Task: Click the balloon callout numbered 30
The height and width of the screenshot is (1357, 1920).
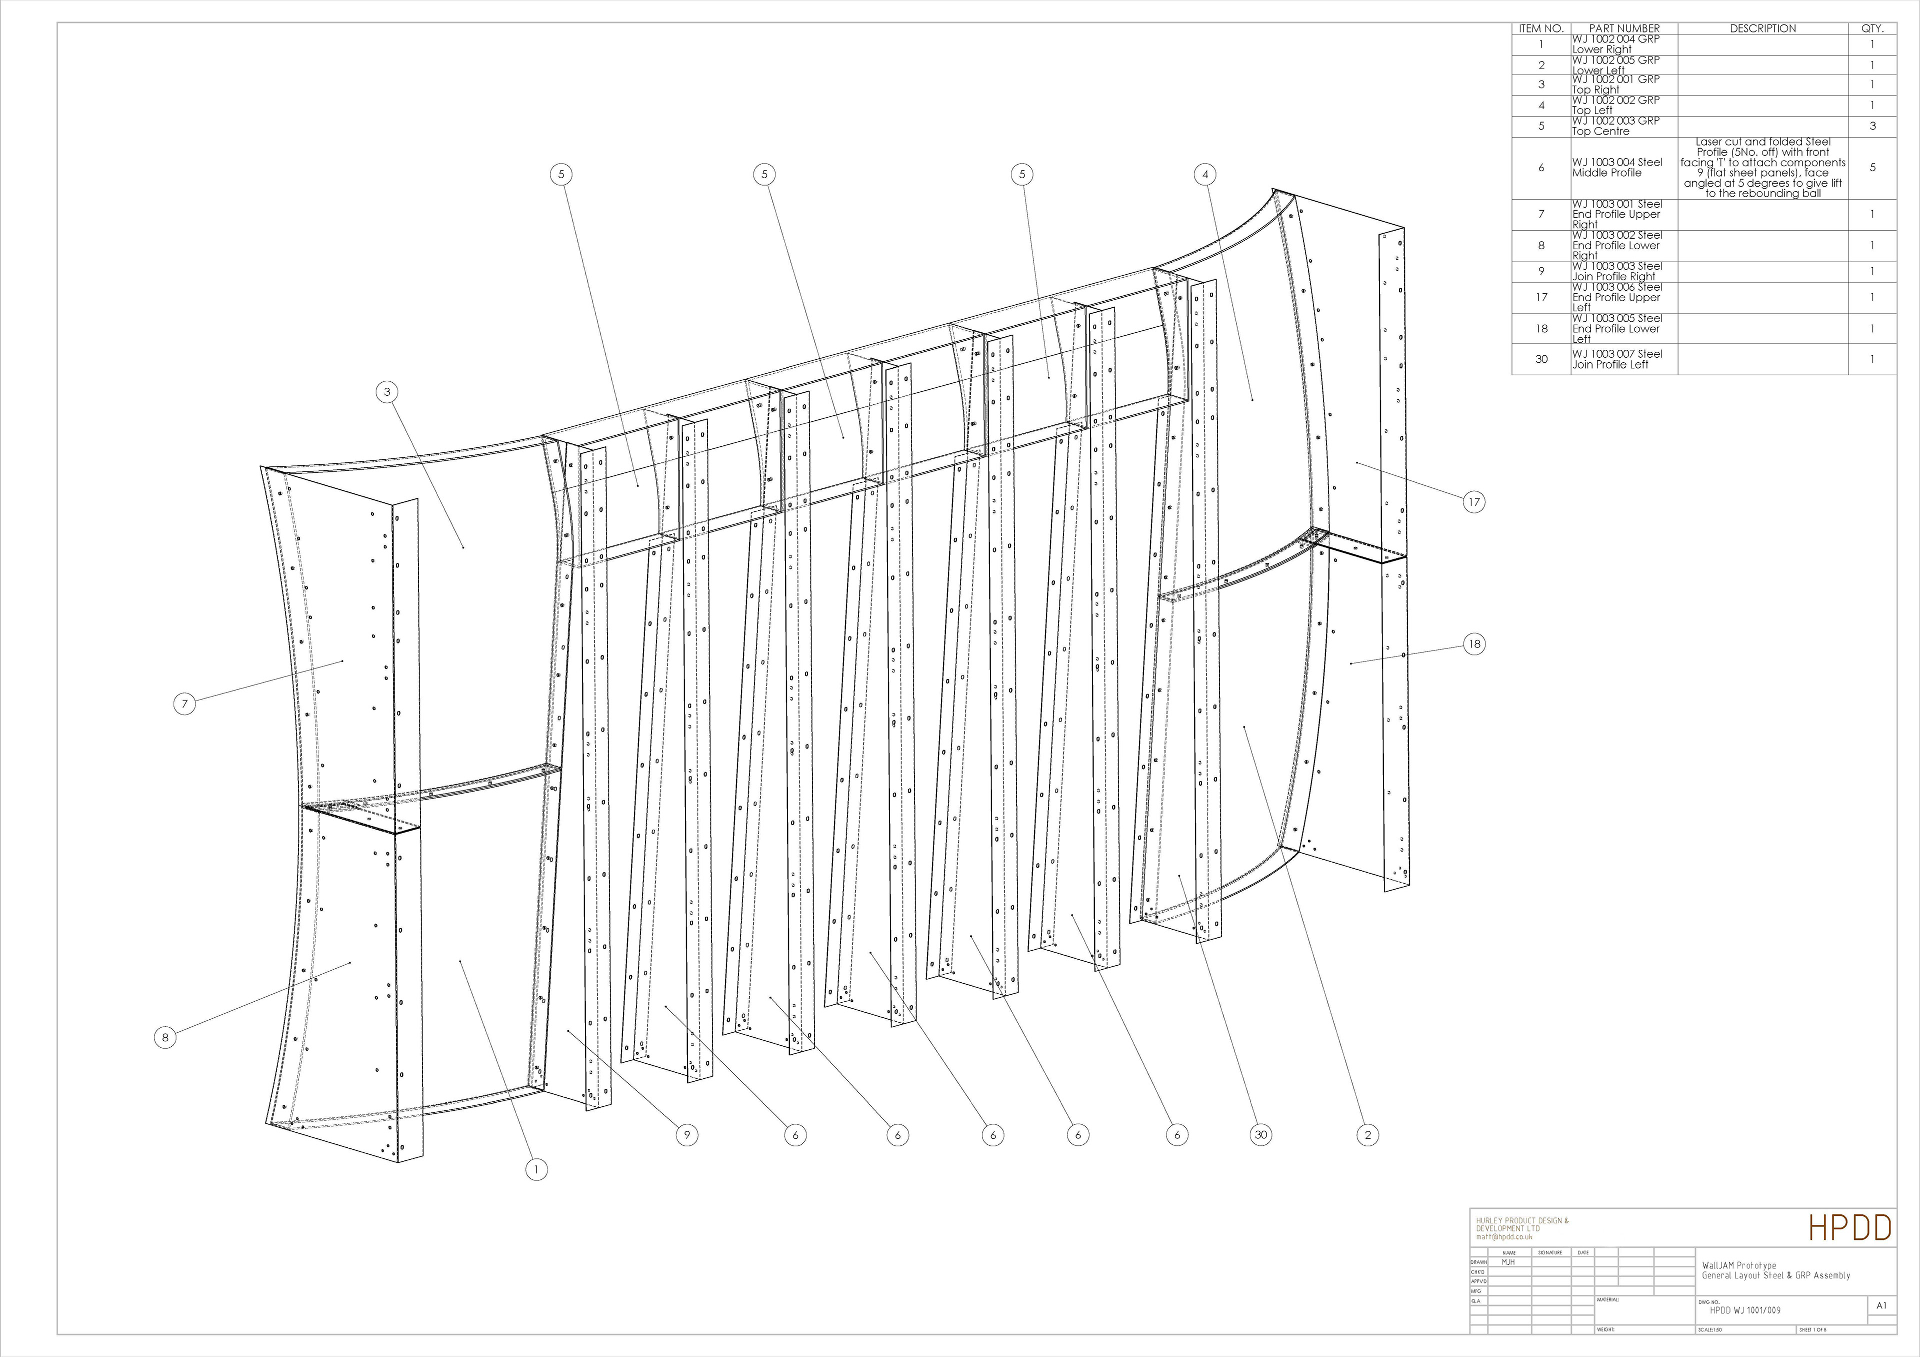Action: (x=1261, y=1135)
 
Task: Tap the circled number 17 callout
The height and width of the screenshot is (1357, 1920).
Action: (x=1473, y=502)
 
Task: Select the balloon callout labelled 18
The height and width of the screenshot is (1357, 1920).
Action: (x=1473, y=643)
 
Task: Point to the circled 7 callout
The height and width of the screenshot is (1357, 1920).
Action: (x=185, y=704)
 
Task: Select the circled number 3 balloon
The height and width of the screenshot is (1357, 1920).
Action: (x=387, y=392)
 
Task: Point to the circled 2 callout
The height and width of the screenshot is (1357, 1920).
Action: (x=1367, y=1135)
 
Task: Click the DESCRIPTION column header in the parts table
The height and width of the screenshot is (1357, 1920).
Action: (x=1763, y=29)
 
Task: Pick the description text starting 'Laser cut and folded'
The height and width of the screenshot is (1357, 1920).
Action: (x=1763, y=167)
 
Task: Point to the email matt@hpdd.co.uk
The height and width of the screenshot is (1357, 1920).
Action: (x=1504, y=1236)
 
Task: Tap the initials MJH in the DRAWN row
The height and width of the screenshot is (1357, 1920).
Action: (x=1507, y=1261)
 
